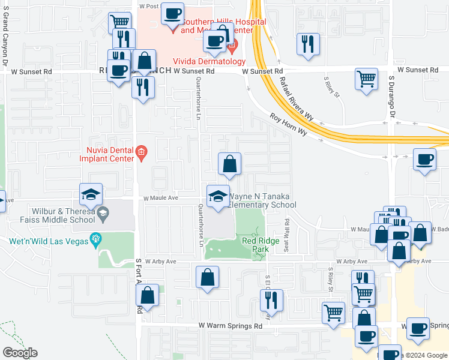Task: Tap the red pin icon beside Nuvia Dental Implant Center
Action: click(141, 152)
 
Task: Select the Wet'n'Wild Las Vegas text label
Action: click(46, 242)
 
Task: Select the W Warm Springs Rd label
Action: click(231, 326)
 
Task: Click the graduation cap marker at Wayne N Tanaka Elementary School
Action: click(218, 196)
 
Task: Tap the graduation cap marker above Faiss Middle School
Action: click(91, 194)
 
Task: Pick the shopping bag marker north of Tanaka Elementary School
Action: click(229, 163)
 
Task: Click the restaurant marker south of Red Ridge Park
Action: click(272, 298)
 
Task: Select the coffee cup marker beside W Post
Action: click(172, 13)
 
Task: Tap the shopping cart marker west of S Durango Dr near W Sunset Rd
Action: click(366, 78)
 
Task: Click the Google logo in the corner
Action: click(20, 353)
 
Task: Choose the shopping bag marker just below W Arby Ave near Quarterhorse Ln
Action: click(207, 277)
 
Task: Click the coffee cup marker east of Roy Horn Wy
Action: click(424, 159)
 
